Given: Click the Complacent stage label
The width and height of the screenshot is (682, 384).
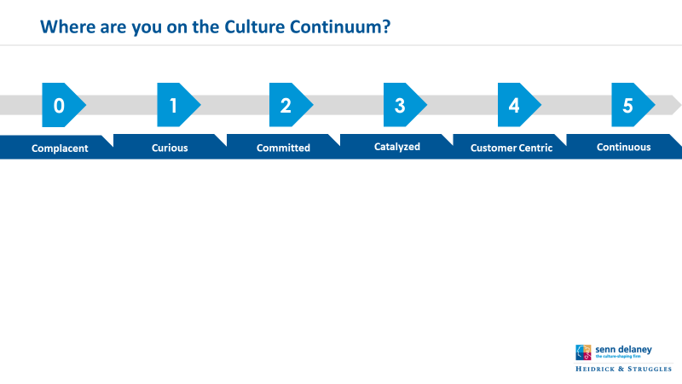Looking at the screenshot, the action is pyautogui.click(x=60, y=148).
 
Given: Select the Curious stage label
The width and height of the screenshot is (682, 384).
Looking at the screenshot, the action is pyautogui.click(x=170, y=148).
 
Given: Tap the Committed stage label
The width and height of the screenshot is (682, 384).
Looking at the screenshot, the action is pyautogui.click(x=283, y=148).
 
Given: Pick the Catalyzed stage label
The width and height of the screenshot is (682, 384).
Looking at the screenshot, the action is pyautogui.click(x=397, y=147).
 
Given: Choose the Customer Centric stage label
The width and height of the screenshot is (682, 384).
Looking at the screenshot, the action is pyautogui.click(x=511, y=148).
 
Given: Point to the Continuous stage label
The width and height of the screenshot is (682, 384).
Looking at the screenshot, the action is pyautogui.click(x=624, y=147).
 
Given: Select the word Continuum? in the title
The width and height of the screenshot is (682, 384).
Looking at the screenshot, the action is pyautogui.click(x=340, y=26).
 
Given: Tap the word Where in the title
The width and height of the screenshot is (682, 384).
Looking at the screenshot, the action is pyautogui.click(x=67, y=26).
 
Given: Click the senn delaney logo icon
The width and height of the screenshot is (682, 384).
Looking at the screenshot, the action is pyautogui.click(x=583, y=352).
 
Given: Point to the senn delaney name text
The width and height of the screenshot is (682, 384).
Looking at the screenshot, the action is pyautogui.click(x=623, y=349).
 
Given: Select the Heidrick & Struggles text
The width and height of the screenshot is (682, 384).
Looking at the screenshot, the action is pyautogui.click(x=624, y=369).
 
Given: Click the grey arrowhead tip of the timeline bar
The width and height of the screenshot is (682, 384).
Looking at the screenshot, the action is pyautogui.click(x=680, y=105).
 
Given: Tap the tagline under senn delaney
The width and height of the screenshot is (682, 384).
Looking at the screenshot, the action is pyautogui.click(x=618, y=356).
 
